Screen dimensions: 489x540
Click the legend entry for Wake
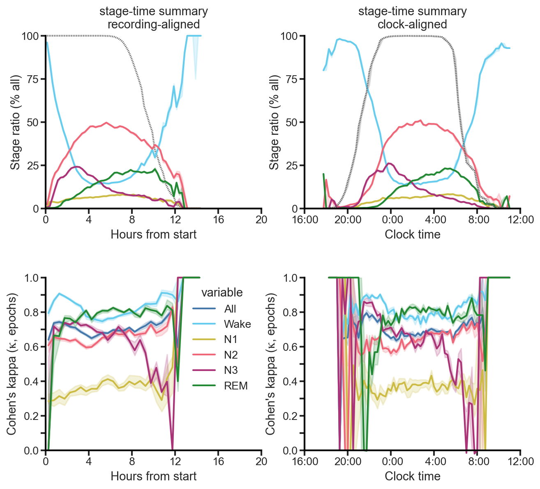coord(237,324)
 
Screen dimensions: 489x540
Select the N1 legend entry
coord(231,340)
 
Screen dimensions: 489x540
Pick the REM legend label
coord(235,385)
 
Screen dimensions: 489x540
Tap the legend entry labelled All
coord(230,309)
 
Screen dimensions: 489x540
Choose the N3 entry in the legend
coord(231,370)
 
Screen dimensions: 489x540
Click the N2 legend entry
coord(231,355)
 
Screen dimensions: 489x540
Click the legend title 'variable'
coord(222,292)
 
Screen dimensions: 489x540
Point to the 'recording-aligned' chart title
coord(154,25)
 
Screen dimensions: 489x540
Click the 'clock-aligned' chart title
coord(412,25)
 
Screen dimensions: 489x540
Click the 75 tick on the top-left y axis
coord(32,79)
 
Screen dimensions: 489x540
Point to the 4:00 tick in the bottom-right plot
coord(434,461)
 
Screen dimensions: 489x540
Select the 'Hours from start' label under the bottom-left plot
coord(154,476)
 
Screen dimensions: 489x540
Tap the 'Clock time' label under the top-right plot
coord(412,234)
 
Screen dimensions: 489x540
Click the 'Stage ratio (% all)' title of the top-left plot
coord(15,122)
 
